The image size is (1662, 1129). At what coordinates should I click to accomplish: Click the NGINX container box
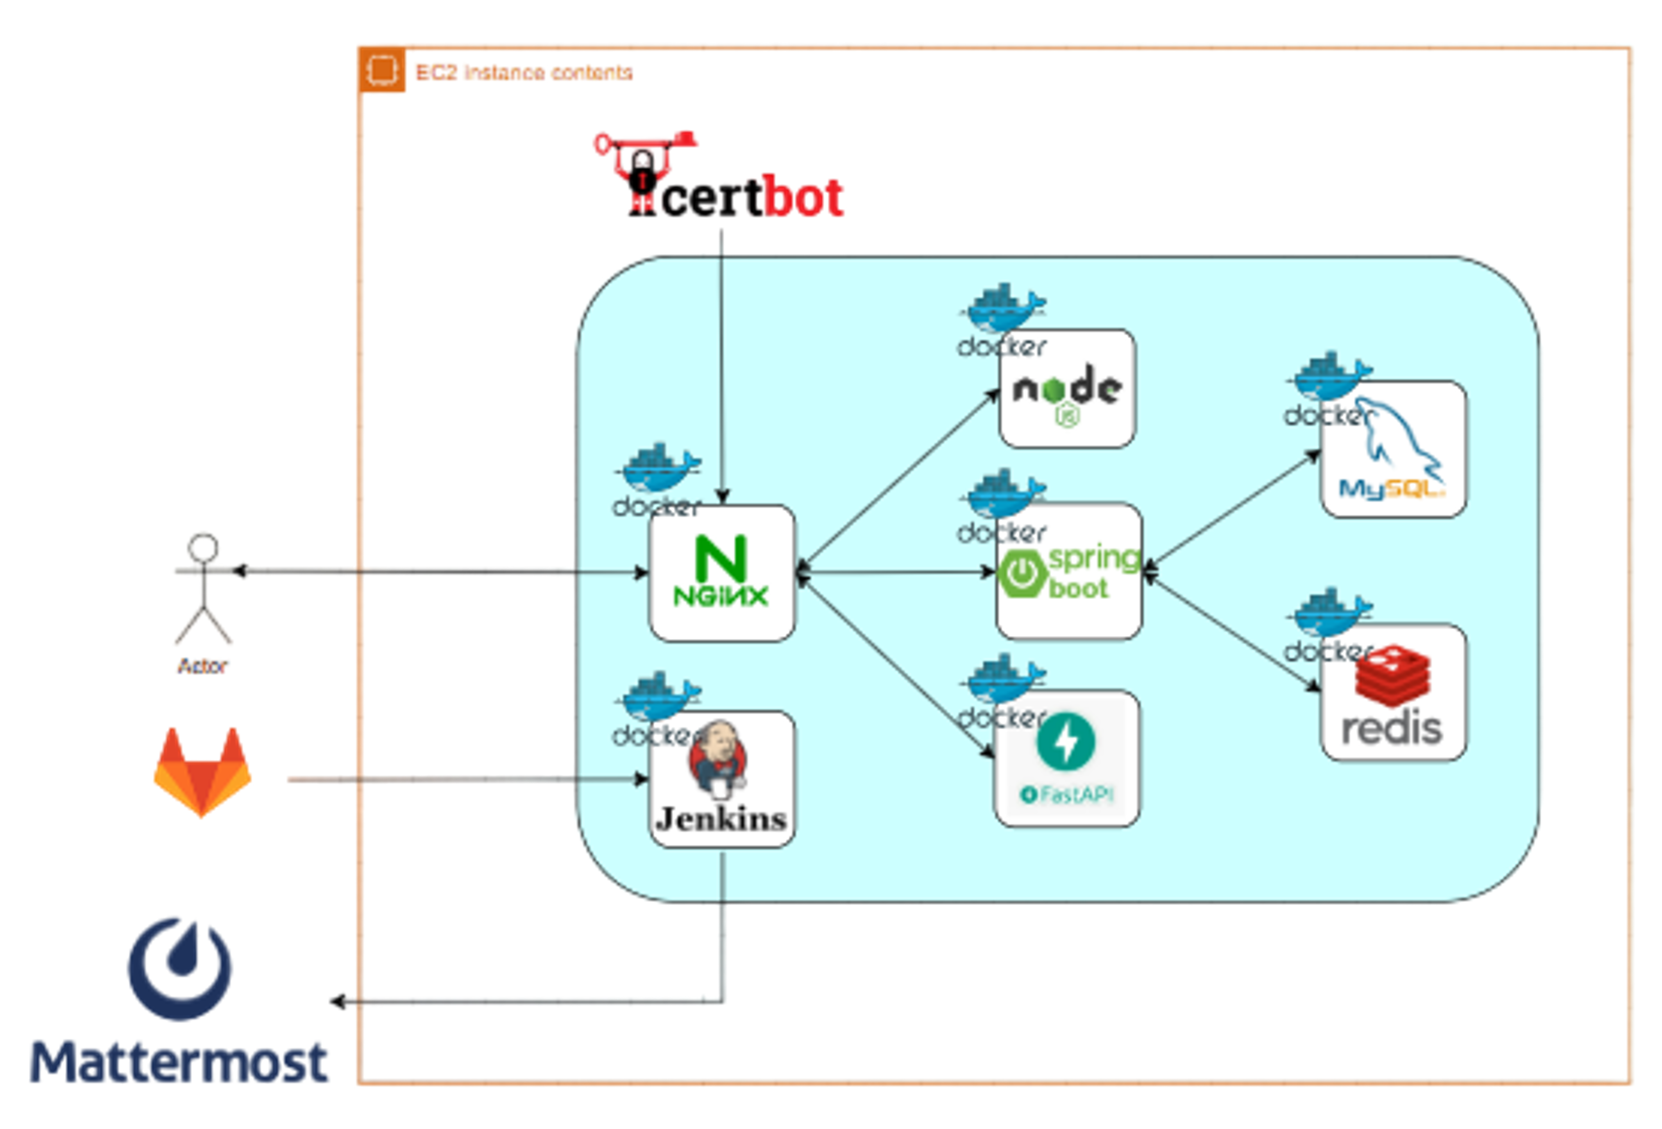coord(722,573)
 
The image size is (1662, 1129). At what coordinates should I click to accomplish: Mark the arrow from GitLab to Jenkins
coord(465,779)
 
